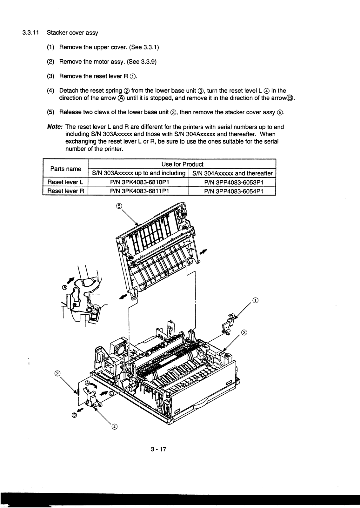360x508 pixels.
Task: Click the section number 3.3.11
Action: pyautogui.click(x=30, y=33)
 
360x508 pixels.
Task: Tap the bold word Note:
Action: pyautogui.click(x=54, y=127)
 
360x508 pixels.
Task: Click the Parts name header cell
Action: pyautogui.click(x=65, y=169)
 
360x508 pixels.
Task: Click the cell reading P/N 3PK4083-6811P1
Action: pyautogui.click(x=139, y=191)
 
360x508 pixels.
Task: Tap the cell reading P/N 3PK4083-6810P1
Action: pyautogui.click(x=139, y=182)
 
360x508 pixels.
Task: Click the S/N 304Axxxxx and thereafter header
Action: pyautogui.click(x=233, y=173)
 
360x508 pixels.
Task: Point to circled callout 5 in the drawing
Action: pyautogui.click(x=119, y=206)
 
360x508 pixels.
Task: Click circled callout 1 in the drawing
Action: pyautogui.click(x=255, y=300)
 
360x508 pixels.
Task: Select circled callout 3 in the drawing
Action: pyautogui.click(x=244, y=333)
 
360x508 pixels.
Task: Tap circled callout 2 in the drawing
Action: pyautogui.click(x=57, y=373)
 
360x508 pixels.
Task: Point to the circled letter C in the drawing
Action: pyautogui.click(x=111, y=393)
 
